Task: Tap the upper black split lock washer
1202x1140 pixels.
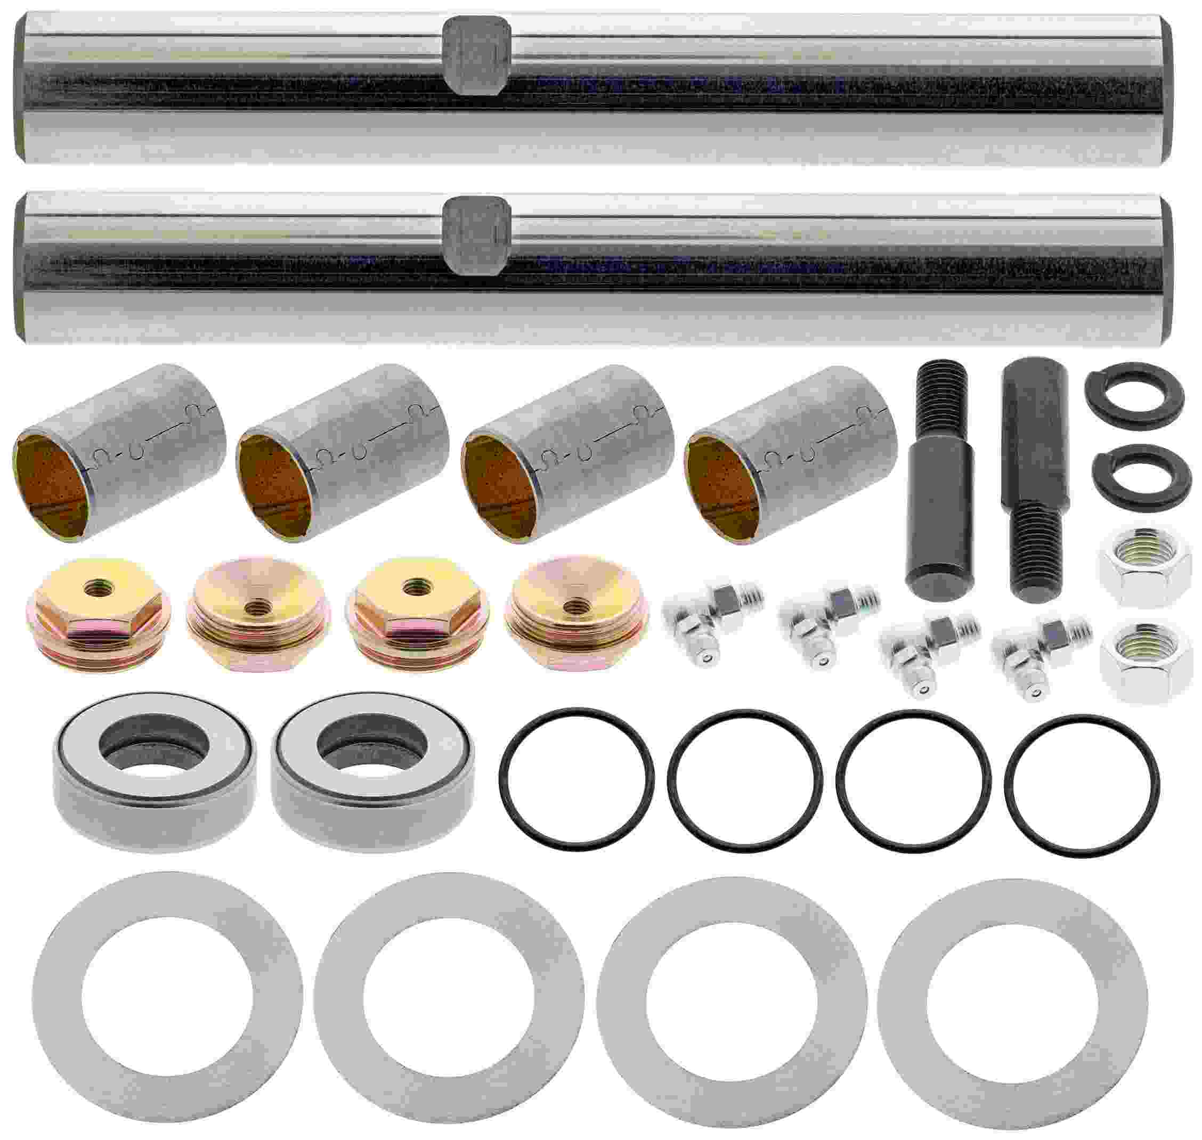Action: click(x=1134, y=390)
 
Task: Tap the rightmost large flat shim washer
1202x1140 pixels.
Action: click(x=1012, y=1006)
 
